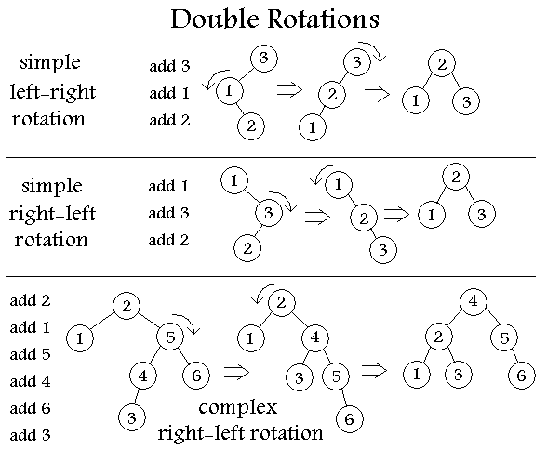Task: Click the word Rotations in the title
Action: pos(324,20)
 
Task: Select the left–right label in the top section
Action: pos(53,92)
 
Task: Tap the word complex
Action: pos(238,408)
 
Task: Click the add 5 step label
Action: pos(31,354)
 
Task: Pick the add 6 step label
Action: pos(31,408)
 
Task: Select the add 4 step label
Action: pos(31,381)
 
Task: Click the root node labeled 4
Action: pos(474,301)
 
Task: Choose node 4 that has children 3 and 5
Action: pos(315,337)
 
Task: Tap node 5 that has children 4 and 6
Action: pos(170,337)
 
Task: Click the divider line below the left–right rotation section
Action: pos(271,158)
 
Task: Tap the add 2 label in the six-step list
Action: pos(31,300)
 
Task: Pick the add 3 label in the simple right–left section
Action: pos(169,213)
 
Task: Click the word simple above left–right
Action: pos(50,63)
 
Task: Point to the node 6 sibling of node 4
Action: pos(196,376)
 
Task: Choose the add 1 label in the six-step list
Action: pos(31,327)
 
